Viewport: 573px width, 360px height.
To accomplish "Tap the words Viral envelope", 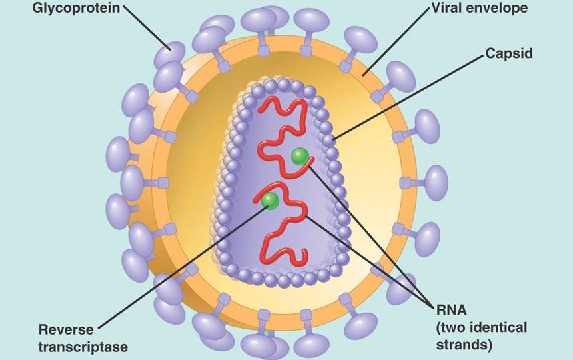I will click(x=470, y=9).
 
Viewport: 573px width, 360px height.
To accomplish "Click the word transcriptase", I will click(x=83, y=346).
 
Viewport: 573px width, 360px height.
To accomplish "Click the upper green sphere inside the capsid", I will click(x=300, y=156).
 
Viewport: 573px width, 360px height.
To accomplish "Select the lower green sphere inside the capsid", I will click(x=270, y=200).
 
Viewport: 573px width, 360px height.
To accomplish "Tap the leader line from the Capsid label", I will click(x=406, y=97).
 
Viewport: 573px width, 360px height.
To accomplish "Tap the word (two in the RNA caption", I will click(x=453, y=327).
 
